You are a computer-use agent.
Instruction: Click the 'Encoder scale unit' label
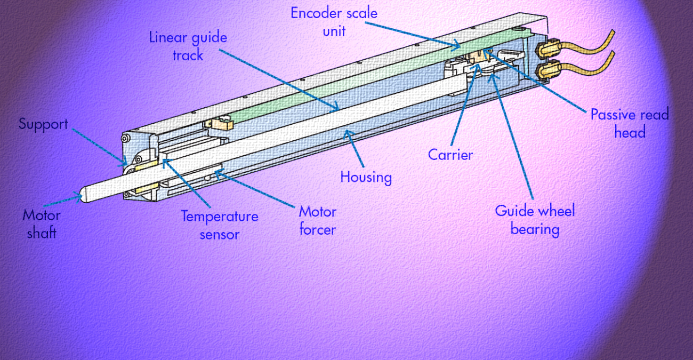click(334, 21)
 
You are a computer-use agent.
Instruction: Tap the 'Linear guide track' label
click(188, 46)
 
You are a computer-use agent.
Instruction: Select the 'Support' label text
click(43, 124)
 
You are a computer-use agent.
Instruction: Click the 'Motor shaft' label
click(41, 224)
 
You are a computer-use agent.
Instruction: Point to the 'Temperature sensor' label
click(219, 225)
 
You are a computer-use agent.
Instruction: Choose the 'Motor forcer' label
click(317, 220)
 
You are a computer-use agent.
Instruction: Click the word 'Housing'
click(366, 177)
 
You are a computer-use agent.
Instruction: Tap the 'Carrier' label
click(450, 155)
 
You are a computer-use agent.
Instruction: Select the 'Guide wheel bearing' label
click(535, 220)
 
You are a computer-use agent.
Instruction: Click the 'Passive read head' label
click(629, 123)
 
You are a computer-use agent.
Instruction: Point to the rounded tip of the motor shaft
click(83, 196)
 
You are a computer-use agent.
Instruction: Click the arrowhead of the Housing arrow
click(348, 133)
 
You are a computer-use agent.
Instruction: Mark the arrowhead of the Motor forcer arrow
click(218, 172)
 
